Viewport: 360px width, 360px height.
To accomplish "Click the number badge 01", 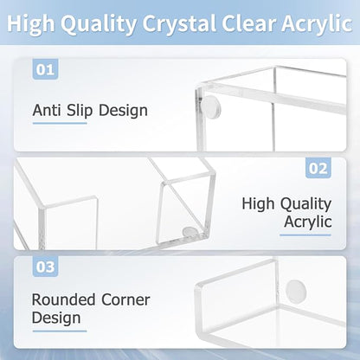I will tap(44, 68).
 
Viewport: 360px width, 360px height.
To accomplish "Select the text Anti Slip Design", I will tap(90, 111).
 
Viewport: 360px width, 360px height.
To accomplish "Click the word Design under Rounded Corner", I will tap(56, 318).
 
